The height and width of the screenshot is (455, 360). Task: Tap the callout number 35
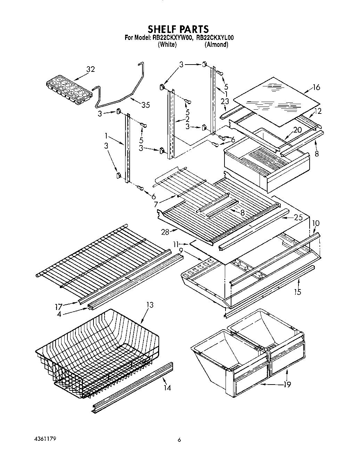146,105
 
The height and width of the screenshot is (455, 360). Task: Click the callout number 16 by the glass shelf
316,87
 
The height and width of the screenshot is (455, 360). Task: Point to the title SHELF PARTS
179,29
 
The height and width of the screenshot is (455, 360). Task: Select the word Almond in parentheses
216,44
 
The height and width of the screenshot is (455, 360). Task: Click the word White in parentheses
167,44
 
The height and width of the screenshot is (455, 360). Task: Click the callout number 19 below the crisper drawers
287,384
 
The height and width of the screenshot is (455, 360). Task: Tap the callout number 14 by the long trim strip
167,388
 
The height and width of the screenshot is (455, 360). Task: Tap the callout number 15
297,292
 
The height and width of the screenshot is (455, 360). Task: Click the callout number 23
224,102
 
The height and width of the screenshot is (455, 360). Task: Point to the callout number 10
316,223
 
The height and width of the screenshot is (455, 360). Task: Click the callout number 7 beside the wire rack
156,204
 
